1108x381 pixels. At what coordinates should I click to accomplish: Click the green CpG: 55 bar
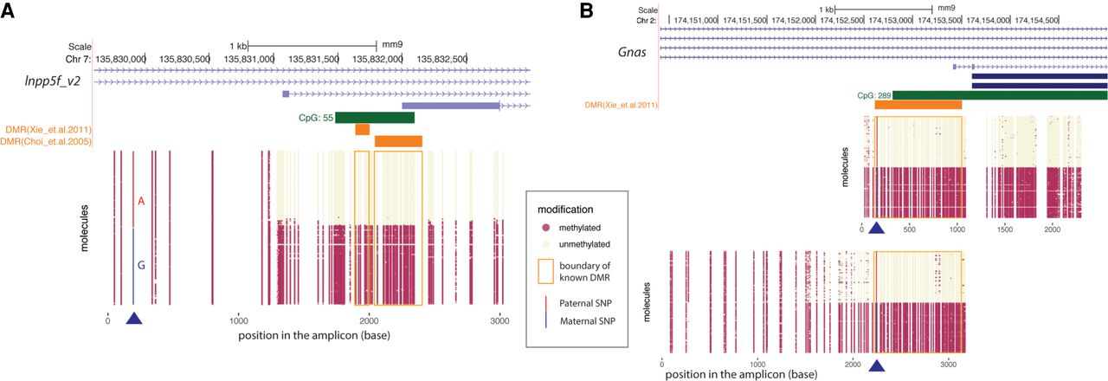click(x=375, y=118)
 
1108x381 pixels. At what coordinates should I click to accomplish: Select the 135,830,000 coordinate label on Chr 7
click(x=120, y=58)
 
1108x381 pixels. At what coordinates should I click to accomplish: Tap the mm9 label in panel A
click(x=391, y=45)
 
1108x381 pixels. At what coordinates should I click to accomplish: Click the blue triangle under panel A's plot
click(x=133, y=320)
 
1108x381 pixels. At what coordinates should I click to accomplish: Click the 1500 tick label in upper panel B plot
click(x=1004, y=231)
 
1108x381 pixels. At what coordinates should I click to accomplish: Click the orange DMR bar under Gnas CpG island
click(x=918, y=105)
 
